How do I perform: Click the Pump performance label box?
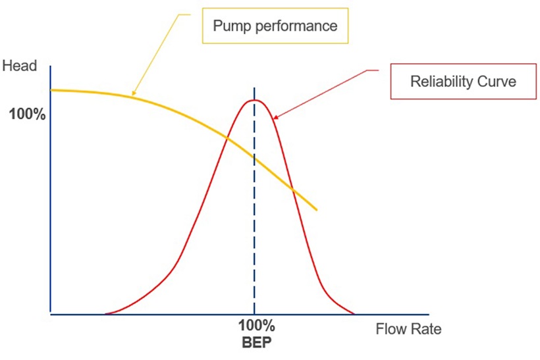coord(276,27)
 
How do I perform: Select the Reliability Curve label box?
coord(463,82)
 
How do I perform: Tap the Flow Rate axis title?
coord(408,329)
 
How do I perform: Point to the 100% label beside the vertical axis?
coord(27,115)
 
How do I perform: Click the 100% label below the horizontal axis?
coord(256,326)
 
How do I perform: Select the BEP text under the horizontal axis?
coord(256,342)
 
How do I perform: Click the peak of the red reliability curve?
coord(255,100)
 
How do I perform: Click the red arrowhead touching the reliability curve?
coord(274,118)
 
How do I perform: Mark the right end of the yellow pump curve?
coord(317,210)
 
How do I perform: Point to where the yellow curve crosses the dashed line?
coord(254,159)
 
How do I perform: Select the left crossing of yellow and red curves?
coord(226,138)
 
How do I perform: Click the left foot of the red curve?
coord(105,314)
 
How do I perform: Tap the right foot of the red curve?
coord(354,314)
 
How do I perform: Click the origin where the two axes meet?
coord(51,315)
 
